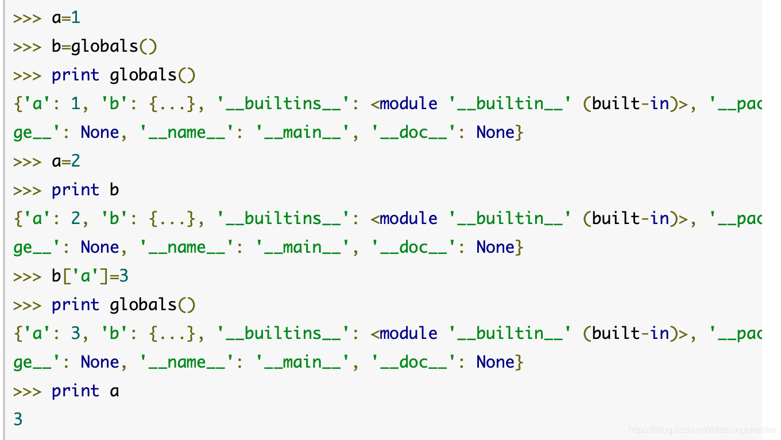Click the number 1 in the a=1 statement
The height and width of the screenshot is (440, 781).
(75, 18)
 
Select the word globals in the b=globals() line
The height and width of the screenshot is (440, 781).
(105, 47)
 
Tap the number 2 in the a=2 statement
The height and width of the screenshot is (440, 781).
(75, 161)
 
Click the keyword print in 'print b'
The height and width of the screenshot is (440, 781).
(75, 190)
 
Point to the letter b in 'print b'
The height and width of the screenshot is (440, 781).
(114, 190)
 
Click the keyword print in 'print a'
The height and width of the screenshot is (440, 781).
(75, 391)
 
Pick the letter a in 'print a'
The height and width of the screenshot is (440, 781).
(114, 391)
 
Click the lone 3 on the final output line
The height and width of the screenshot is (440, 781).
(18, 420)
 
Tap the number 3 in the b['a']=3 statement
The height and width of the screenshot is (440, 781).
(123, 276)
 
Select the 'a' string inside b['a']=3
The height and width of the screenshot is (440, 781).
(85, 276)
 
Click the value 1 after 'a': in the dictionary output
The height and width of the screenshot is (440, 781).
(75, 104)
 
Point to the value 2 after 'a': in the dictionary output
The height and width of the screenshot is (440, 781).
(75, 219)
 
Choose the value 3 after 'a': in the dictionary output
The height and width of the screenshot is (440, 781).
(75, 334)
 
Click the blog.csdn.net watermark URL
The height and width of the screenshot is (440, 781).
(702, 429)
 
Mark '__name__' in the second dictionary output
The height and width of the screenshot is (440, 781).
(187, 248)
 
